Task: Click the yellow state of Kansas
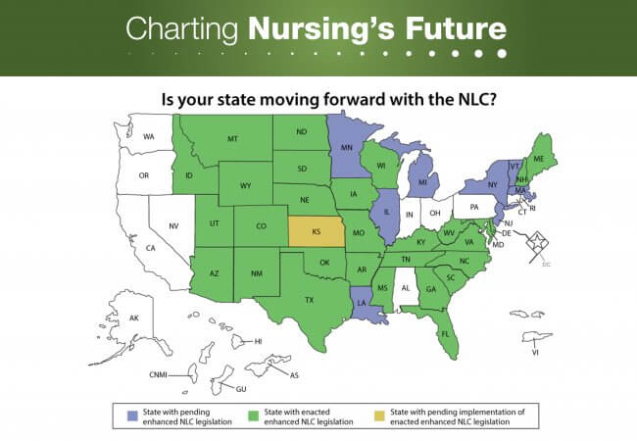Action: [x=317, y=231]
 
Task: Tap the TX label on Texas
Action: [x=310, y=300]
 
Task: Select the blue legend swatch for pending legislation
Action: [x=132, y=416]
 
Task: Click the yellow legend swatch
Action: [x=379, y=416]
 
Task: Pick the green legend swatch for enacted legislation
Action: [x=254, y=416]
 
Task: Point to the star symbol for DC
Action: [x=537, y=242]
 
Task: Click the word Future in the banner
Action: [x=456, y=28]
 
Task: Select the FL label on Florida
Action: [x=445, y=334]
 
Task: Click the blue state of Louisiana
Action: [x=366, y=305]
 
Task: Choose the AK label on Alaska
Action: [x=134, y=318]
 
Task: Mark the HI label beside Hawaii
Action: [x=258, y=341]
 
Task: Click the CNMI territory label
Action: [x=159, y=374]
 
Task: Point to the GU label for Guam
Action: [x=241, y=389]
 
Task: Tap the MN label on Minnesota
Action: [x=347, y=147]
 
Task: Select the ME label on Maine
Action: [x=539, y=159]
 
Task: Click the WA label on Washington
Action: [x=149, y=137]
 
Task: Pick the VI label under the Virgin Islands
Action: [x=535, y=353]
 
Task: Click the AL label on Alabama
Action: [x=406, y=288]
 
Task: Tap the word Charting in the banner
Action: [x=181, y=29]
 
